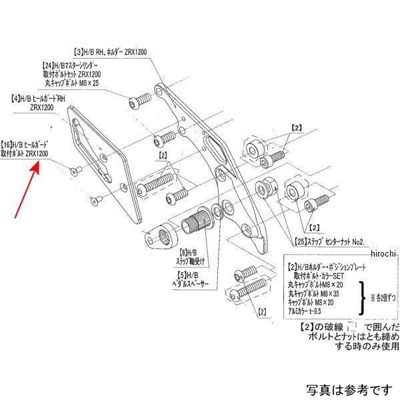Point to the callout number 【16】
coord(9,144)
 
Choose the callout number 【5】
coord(176,273)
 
